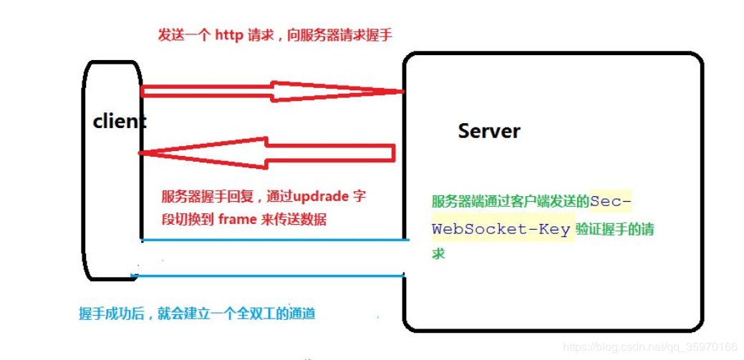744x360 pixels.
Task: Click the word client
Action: pos(119,122)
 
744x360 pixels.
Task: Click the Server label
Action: pos(489,131)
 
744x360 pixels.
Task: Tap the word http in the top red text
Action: pos(229,35)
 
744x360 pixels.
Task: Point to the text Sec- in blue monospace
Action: pos(611,202)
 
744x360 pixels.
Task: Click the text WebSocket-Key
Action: pos(501,229)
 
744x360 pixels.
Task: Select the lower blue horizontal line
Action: pos(269,275)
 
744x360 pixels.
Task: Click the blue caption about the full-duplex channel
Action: pos(197,313)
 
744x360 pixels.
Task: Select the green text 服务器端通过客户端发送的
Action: pos(510,202)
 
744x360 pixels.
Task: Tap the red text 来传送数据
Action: pos(293,219)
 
